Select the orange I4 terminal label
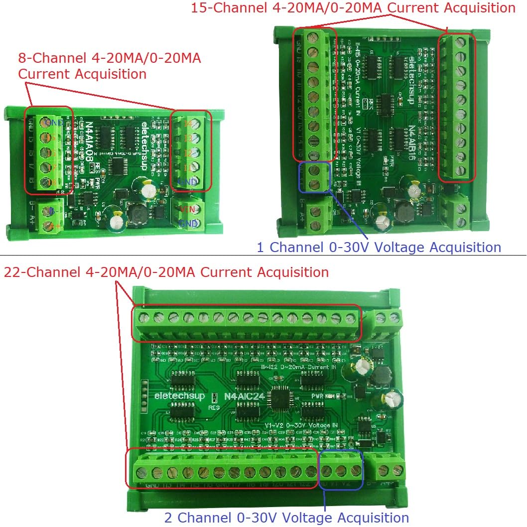tap(188, 123)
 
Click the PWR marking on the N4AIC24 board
tap(318, 396)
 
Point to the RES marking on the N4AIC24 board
tap(214, 406)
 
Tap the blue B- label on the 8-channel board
tap(52, 211)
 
